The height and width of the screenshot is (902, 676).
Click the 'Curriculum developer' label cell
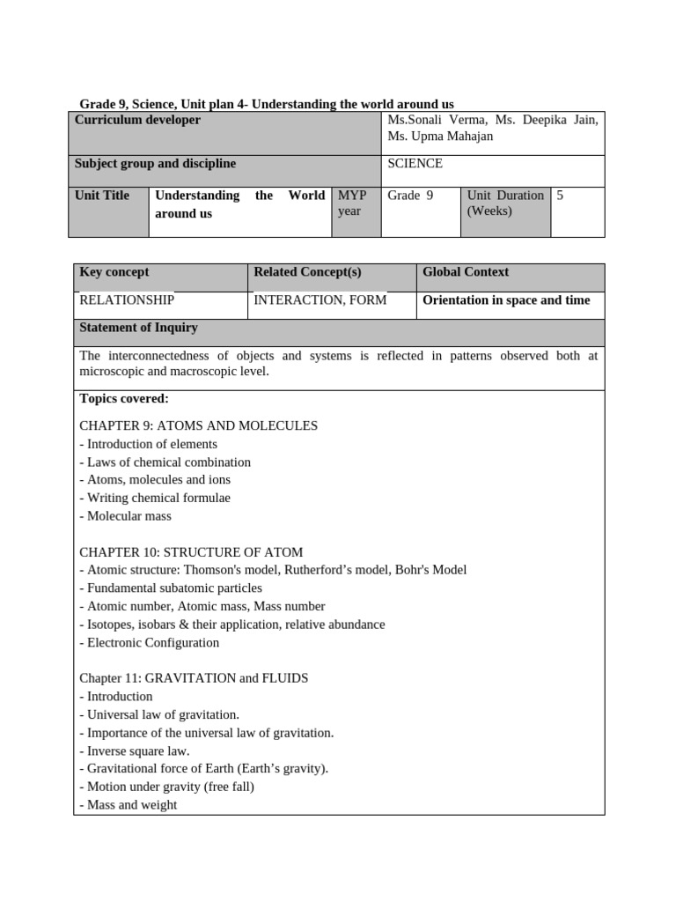(137, 120)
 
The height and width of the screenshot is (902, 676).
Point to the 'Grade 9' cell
(411, 196)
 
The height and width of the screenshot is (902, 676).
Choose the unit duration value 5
(560, 196)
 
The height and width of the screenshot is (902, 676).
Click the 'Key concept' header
(114, 272)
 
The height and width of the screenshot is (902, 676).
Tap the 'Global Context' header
(466, 272)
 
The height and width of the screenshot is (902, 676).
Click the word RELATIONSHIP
(127, 300)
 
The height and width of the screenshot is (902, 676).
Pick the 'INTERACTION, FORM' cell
(320, 300)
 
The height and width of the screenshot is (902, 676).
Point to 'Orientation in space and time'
(506, 300)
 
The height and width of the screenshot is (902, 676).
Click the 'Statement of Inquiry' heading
(138, 328)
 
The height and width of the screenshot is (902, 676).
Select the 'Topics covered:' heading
(124, 399)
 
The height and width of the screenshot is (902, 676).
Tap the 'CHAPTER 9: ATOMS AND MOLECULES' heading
(198, 425)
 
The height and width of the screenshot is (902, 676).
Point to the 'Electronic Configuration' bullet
(149, 642)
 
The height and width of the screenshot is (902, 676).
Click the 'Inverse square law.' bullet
(135, 750)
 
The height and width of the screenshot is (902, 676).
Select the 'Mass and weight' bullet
(129, 804)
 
